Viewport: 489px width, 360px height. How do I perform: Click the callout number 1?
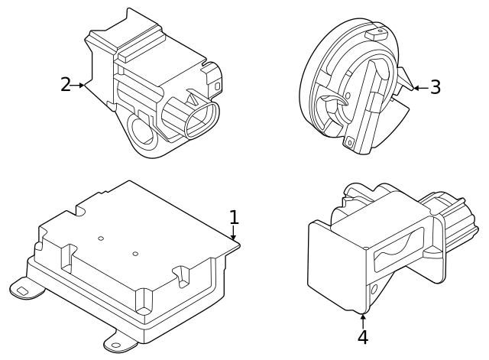coord(234,217)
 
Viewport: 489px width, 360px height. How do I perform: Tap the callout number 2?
coord(66,84)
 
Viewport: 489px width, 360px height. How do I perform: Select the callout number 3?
coord(435,87)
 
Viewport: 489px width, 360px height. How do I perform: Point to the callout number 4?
coord(362,336)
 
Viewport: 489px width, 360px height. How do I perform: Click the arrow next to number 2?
coord(79,85)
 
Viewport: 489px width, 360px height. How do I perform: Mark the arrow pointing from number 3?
coord(419,88)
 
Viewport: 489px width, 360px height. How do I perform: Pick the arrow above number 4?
coord(363,318)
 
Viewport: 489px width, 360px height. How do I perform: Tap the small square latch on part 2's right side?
coord(217,86)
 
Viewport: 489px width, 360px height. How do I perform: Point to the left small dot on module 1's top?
coord(101,238)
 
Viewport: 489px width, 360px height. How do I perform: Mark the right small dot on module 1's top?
coord(135,254)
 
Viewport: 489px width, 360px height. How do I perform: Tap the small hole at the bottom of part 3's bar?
coord(350,141)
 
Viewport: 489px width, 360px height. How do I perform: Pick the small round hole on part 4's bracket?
coord(374,289)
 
